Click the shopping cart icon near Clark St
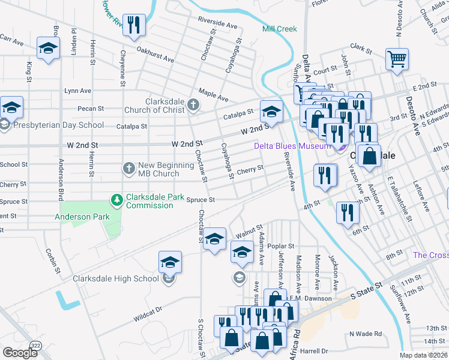(397, 59)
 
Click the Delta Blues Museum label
(292, 146)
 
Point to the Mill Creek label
(279, 29)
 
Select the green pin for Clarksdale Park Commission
(118, 199)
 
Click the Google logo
(19, 353)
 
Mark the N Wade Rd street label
(365, 334)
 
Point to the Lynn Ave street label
(78, 91)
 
